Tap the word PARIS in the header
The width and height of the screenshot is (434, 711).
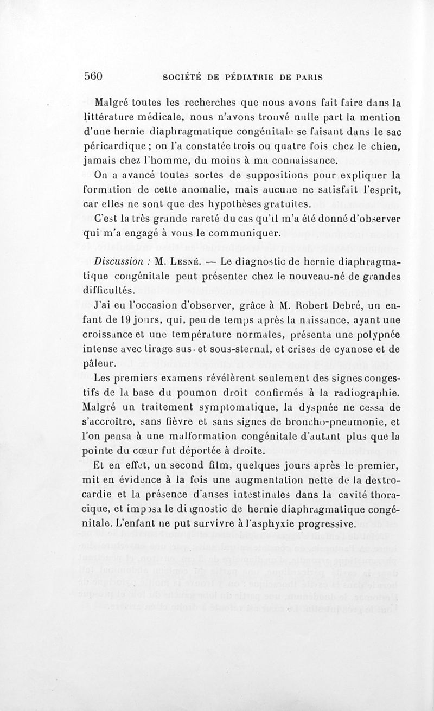pos(309,77)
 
